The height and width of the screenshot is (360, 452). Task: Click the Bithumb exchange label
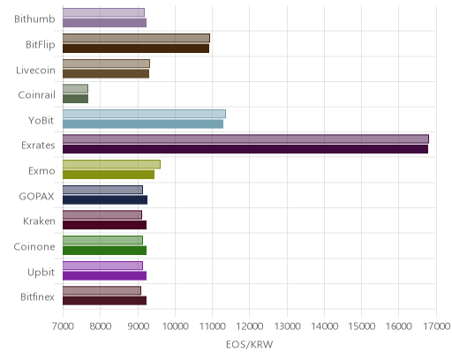[x=34, y=19]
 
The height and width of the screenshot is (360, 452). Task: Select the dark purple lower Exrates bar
[x=245, y=149]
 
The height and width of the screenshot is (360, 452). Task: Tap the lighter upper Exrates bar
[x=245, y=139]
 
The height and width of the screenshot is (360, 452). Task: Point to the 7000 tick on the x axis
[x=63, y=326]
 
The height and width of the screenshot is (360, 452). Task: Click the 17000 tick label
[x=436, y=326]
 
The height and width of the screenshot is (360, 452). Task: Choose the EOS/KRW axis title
[x=249, y=344]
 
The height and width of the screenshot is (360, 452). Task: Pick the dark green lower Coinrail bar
[x=75, y=99]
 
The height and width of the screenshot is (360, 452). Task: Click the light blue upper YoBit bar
[x=144, y=114]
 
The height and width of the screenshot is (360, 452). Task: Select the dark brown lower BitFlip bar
[x=136, y=49]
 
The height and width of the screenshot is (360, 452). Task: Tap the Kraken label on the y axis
[x=39, y=221]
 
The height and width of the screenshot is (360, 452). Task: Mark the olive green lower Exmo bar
[x=109, y=175]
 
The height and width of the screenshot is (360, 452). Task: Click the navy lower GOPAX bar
[x=105, y=199]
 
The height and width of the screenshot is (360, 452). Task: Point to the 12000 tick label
[x=250, y=326]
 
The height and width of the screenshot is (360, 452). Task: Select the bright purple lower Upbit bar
[x=104, y=275]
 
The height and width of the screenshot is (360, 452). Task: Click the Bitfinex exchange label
[x=37, y=296]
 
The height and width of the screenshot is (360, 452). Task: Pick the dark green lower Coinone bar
[x=104, y=251]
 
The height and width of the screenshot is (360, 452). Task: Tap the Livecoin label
[x=35, y=70]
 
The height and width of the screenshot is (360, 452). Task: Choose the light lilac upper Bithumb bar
[x=103, y=12]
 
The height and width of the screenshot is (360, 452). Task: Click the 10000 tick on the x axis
[x=175, y=326]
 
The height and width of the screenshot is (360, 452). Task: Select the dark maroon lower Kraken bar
[x=104, y=225]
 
